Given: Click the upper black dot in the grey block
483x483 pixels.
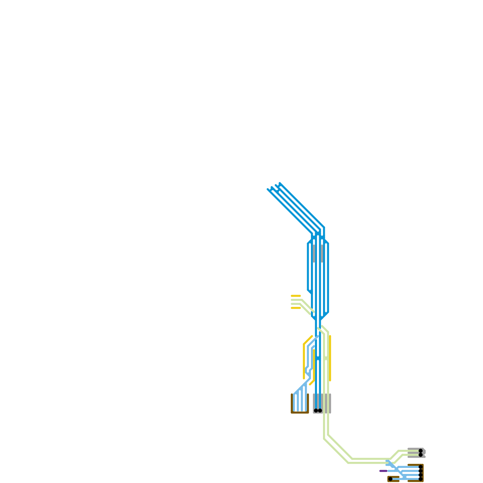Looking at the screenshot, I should point(421,451).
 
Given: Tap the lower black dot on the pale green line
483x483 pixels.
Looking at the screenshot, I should point(421,455).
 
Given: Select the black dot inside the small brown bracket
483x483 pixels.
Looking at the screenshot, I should point(390,479).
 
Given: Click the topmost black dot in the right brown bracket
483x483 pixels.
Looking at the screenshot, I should point(421,467).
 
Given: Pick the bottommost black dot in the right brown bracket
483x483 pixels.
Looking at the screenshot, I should point(421,479).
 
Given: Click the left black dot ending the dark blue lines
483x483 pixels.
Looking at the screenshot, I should point(316,411).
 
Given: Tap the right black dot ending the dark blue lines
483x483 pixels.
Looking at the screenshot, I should point(320,411).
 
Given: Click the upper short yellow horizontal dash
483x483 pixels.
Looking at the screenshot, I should point(296,296).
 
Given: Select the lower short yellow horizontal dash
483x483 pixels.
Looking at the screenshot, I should point(296,308).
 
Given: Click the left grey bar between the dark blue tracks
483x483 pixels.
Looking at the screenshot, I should point(314,254).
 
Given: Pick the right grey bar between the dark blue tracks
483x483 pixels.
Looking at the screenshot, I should point(322,254).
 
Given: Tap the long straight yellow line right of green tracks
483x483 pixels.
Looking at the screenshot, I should point(330,358).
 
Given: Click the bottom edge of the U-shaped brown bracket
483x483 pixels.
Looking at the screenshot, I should point(300,412).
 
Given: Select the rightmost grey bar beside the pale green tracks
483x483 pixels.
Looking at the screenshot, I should point(330,403).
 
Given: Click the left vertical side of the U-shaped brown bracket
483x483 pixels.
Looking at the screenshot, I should point(292,403).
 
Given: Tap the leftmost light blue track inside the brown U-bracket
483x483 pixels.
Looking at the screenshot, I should point(294,403).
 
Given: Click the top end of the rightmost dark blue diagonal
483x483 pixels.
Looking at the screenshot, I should point(280,183).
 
